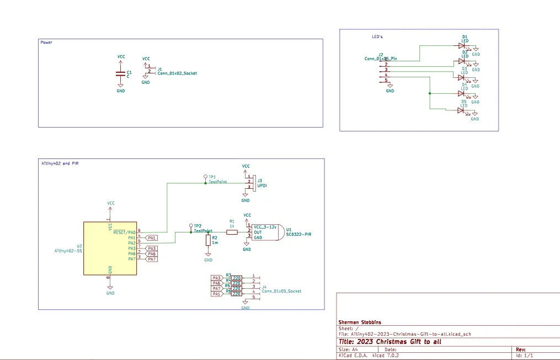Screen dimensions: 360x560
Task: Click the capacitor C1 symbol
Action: click(x=120, y=73)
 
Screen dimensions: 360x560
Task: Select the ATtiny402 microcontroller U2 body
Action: click(x=110, y=248)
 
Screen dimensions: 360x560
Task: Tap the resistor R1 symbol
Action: click(x=232, y=232)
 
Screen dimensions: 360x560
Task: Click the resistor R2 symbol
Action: click(x=208, y=240)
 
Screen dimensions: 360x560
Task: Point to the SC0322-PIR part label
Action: click(x=299, y=234)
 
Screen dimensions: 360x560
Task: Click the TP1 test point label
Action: click(x=212, y=177)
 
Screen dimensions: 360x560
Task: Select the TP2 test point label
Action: click(x=198, y=226)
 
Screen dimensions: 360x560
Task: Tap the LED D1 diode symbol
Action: click(x=461, y=46)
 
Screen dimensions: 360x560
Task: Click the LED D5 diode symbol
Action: click(x=461, y=110)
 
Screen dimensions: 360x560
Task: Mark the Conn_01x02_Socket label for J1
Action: click(x=177, y=73)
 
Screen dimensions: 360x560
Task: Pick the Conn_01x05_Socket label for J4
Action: click(x=281, y=291)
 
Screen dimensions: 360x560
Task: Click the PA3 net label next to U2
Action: click(x=152, y=248)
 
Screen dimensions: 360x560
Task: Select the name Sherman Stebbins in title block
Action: click(x=360, y=322)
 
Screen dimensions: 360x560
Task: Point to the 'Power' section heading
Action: click(x=46, y=43)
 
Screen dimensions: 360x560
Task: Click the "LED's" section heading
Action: click(x=377, y=37)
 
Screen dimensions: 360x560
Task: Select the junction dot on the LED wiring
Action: click(x=429, y=93)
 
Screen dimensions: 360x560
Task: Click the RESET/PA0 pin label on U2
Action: click(x=124, y=232)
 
